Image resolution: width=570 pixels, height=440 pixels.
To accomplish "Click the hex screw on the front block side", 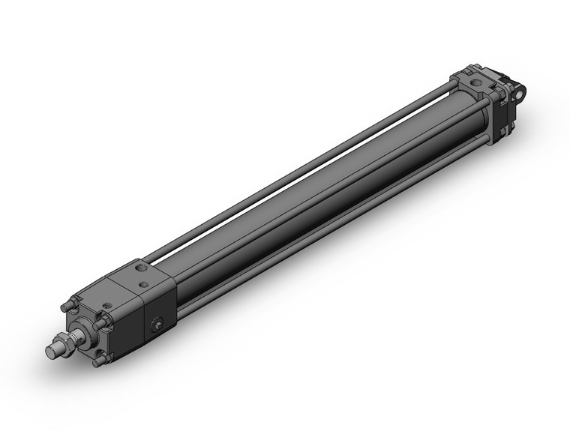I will [x=157, y=325].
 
